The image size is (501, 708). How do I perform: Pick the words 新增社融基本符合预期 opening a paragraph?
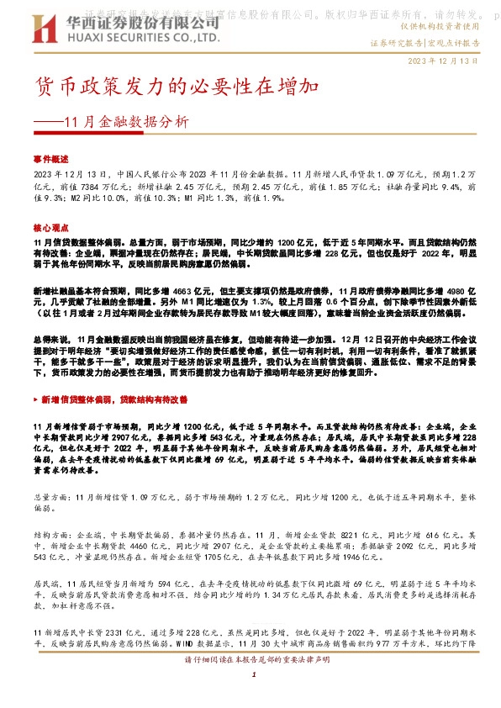(x=76, y=288)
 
